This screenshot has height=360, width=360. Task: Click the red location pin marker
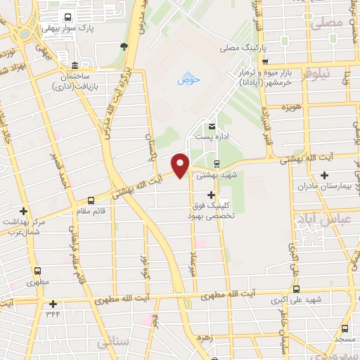(180, 165)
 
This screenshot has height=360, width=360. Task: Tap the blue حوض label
(188, 79)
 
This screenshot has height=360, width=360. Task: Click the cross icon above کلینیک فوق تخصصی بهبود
(210, 193)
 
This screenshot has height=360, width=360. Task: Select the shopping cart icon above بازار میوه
(284, 61)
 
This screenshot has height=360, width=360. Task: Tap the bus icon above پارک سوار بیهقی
(67, 18)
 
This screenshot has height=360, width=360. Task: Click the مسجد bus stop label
(344, 339)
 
